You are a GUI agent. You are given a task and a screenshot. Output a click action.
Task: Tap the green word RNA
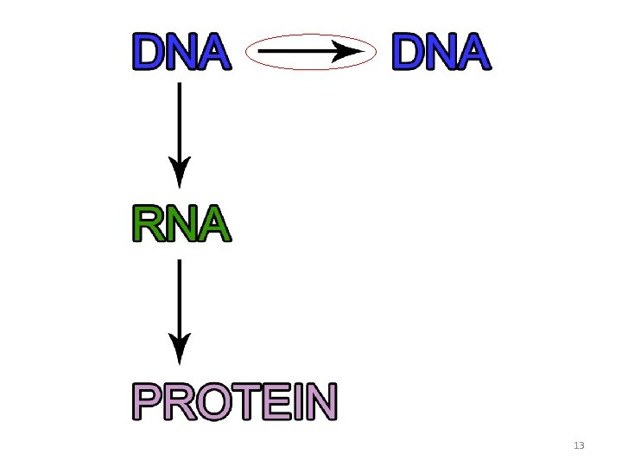[181, 224]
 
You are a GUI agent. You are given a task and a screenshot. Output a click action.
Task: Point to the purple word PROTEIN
[234, 402]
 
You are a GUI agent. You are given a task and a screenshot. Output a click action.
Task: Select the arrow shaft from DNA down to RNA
[179, 121]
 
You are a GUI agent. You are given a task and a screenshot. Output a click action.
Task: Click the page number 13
[579, 446]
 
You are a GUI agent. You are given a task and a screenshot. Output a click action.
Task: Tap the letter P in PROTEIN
[148, 402]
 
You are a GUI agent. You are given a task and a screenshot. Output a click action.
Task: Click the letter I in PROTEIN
[295, 402]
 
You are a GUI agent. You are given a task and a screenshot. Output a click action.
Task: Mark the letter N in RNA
[182, 224]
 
